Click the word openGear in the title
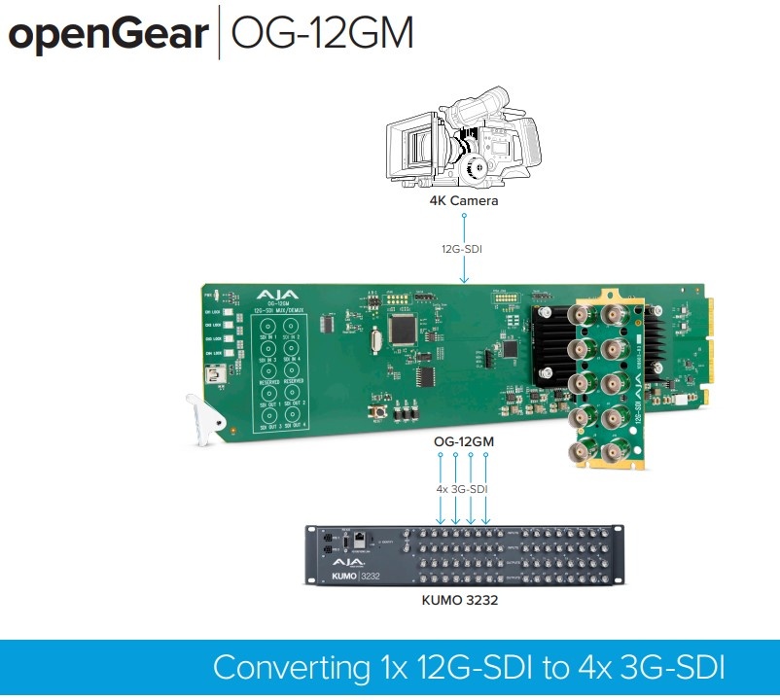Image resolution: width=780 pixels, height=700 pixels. pyautogui.click(x=108, y=35)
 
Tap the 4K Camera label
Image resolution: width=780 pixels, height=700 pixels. pyautogui.click(x=464, y=201)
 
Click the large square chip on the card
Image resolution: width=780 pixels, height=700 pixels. pyautogui.click(x=403, y=329)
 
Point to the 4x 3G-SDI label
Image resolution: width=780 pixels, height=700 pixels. pyautogui.click(x=463, y=489)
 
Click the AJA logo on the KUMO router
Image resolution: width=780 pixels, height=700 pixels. pyautogui.click(x=349, y=562)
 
